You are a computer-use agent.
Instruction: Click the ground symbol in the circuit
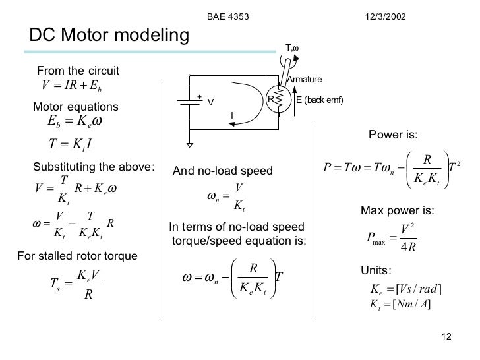189,143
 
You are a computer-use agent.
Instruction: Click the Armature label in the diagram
304,80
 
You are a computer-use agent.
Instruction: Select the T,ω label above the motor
293,47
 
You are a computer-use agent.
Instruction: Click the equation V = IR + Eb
71,86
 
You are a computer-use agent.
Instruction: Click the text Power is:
393,136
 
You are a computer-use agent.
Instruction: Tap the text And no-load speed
222,171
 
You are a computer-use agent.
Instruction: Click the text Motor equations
76,107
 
